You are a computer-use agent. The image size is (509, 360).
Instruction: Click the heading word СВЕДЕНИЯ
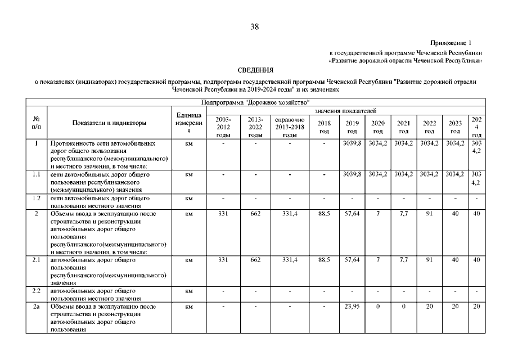(254, 70)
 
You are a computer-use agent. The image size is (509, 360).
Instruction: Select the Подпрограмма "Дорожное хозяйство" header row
(255, 102)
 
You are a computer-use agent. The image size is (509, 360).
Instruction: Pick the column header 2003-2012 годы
(223, 127)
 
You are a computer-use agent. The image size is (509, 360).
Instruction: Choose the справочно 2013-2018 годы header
(290, 127)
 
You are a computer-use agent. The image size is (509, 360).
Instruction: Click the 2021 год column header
(403, 127)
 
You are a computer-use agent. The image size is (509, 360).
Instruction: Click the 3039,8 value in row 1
(352, 143)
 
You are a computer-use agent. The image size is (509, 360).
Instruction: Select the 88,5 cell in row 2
(324, 213)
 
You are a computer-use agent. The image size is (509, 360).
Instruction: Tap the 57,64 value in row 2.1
(352, 260)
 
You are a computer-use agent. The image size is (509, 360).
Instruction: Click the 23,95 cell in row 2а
(352, 307)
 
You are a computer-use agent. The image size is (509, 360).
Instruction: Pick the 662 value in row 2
(255, 213)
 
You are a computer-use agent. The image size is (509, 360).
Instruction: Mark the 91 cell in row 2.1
(429, 260)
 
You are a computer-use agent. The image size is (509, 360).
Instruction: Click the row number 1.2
(36, 198)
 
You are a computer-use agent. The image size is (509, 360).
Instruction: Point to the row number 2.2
(36, 291)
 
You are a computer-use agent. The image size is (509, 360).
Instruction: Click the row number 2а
(36, 307)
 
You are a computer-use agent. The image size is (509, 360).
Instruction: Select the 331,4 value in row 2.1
(290, 260)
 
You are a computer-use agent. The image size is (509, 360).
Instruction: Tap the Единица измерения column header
(190, 123)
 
